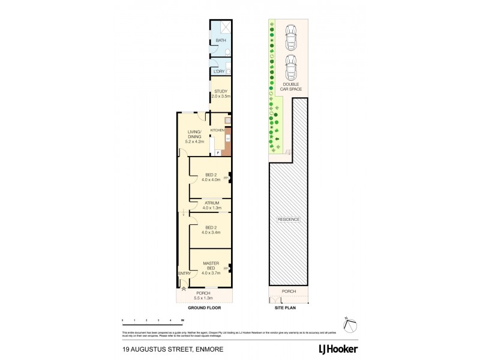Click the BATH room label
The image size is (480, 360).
(x=220, y=41)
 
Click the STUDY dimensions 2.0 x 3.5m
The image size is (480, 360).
(x=220, y=97)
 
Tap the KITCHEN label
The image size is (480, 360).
(x=217, y=130)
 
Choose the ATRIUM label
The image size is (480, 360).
(x=211, y=203)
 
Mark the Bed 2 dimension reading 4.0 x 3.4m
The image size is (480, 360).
(x=211, y=232)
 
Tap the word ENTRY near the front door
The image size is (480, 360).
(x=184, y=274)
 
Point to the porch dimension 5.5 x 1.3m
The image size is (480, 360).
(x=204, y=296)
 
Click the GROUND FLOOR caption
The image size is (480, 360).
(x=204, y=307)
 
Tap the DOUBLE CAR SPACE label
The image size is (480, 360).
(x=292, y=86)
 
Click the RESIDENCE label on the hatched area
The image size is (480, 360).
(x=288, y=220)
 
